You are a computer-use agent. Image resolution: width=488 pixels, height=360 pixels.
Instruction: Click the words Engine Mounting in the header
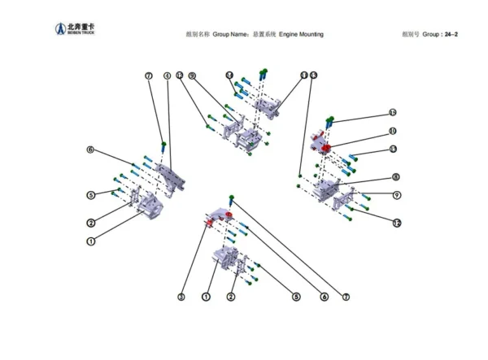coord(301,35)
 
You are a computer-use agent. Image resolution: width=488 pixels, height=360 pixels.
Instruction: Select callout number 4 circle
coord(167,76)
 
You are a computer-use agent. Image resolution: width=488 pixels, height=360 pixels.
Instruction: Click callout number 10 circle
coord(392,131)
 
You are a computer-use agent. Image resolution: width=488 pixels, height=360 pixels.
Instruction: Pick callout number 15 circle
coord(392,112)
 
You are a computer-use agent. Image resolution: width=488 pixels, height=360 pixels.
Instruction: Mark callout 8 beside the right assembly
coord(395,176)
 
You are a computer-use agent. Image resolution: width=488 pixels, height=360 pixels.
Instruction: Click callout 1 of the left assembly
coord(91,241)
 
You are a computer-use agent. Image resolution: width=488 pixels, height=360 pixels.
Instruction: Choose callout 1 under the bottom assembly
coord(207,297)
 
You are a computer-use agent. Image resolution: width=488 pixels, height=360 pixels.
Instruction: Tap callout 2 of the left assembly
coord(91,223)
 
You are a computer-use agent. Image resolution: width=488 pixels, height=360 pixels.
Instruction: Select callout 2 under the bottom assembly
coord(231,297)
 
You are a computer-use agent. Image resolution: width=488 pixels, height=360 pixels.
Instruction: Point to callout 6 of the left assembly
coord(91,150)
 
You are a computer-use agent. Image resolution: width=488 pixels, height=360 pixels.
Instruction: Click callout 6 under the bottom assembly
coord(324,297)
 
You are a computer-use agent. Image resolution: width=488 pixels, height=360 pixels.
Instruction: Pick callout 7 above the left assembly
coord(148,76)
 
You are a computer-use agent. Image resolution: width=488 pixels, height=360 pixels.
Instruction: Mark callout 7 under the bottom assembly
coord(346,297)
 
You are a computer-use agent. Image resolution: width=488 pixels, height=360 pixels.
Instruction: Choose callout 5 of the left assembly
coord(91,195)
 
